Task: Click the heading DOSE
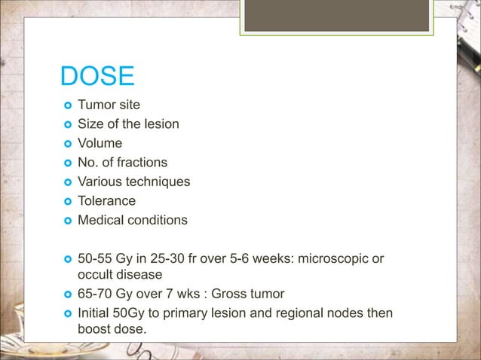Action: tap(97, 77)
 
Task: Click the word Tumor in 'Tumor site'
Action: tap(97, 104)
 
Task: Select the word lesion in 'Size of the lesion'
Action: tap(161, 124)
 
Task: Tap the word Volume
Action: tap(100, 142)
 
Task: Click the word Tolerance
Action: tap(107, 201)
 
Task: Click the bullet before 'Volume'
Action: tap(66, 143)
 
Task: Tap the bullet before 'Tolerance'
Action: tap(66, 202)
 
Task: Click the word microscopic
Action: tap(335, 260)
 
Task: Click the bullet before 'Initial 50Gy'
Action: tap(66, 314)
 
